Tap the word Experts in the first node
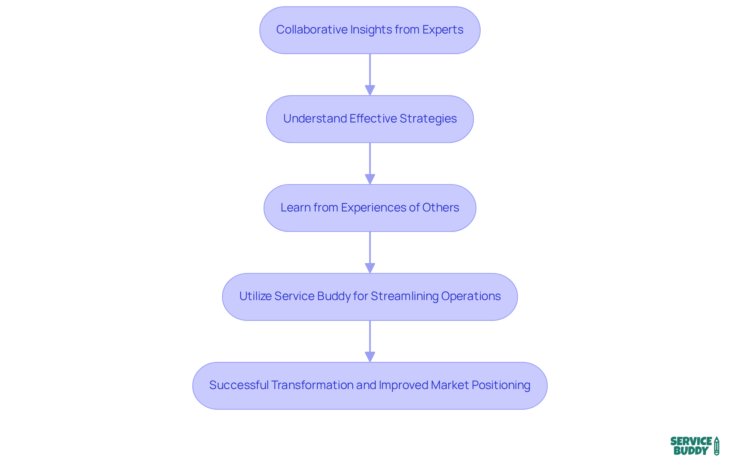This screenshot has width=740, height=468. click(x=442, y=30)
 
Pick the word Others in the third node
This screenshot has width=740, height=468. click(x=441, y=208)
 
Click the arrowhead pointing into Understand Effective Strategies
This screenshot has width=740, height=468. click(x=370, y=90)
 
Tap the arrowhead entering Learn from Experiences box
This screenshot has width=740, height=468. click(x=370, y=179)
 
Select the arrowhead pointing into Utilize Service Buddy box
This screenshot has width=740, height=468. click(x=370, y=268)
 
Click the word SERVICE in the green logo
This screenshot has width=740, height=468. click(x=691, y=441)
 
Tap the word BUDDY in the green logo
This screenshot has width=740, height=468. click(x=691, y=451)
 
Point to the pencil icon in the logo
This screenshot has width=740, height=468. click(x=716, y=446)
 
